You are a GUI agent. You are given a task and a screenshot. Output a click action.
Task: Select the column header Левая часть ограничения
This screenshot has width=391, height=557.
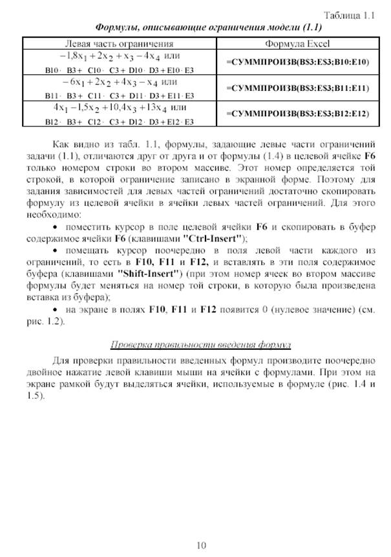tap(123, 44)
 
